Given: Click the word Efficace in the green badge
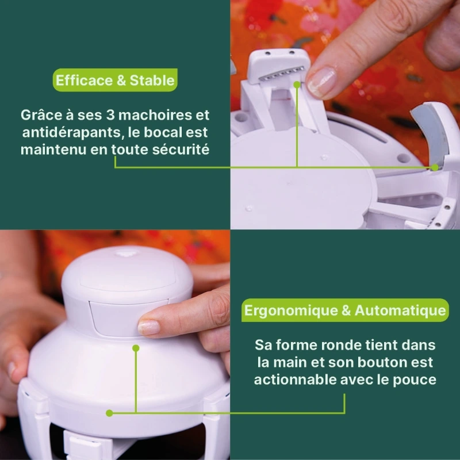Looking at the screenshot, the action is point(84,80).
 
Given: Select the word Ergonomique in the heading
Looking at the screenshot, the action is point(291,310).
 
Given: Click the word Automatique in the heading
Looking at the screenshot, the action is point(400,310).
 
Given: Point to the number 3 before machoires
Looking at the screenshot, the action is point(110,115).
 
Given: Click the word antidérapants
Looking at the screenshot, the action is point(70,133).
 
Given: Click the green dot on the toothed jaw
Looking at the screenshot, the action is point(297,85).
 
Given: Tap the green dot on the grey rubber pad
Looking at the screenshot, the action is point(435,167).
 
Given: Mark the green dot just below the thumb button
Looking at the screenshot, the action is point(136,348).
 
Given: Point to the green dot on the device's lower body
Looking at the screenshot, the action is point(109,413).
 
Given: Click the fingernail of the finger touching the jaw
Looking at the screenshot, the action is point(321,82).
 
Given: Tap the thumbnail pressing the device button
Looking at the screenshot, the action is point(149,327).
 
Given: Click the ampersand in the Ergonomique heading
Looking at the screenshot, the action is point(346,310).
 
